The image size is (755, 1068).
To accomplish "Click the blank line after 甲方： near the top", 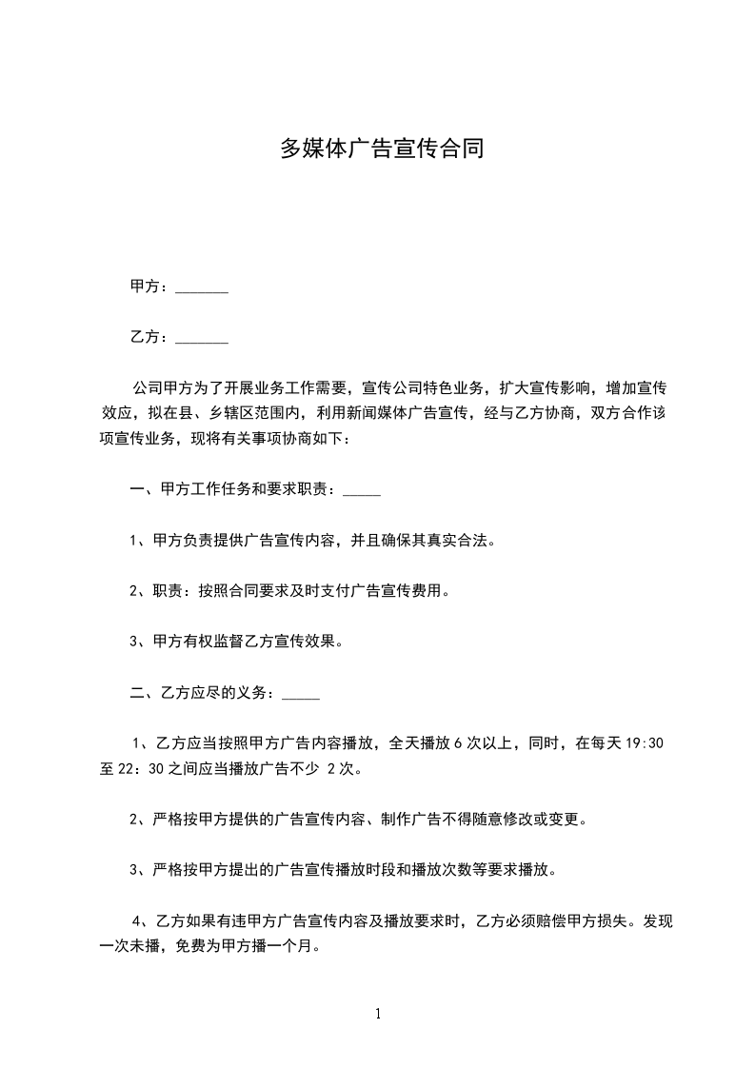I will (202, 289).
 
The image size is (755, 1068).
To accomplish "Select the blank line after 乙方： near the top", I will (202, 339).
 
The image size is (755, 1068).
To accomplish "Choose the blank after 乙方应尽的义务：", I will (301, 694).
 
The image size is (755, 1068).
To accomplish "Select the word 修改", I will (520, 819).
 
